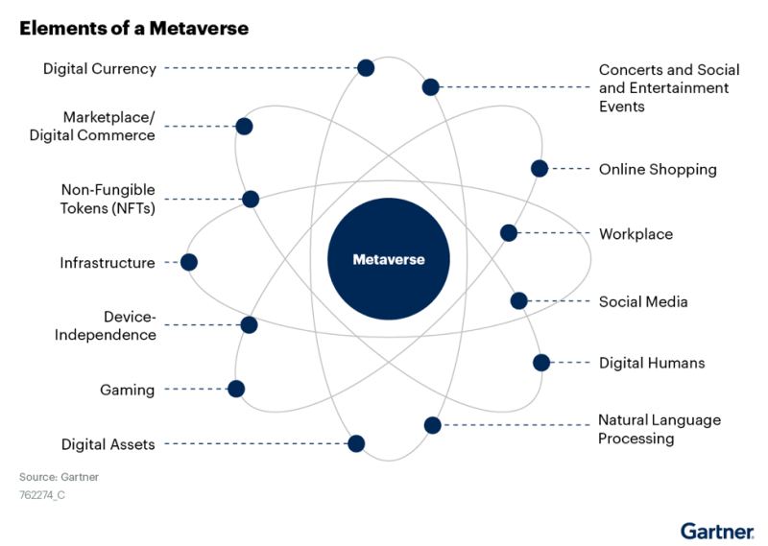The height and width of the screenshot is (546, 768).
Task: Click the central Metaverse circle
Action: pyautogui.click(x=389, y=259)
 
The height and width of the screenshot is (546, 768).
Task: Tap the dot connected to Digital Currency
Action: pyautogui.click(x=366, y=68)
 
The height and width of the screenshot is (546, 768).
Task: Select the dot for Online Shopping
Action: pyautogui.click(x=540, y=169)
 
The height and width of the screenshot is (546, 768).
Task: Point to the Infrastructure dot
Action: pyautogui.click(x=189, y=263)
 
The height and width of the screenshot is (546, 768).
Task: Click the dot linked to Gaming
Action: pyautogui.click(x=236, y=390)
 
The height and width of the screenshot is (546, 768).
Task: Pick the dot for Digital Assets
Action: pyautogui.click(x=356, y=443)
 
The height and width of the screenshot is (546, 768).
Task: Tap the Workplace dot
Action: pyautogui.click(x=509, y=233)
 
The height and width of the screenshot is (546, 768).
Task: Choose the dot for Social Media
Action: pyautogui.click(x=518, y=300)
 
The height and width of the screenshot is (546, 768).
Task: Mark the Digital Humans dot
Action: pyautogui.click(x=541, y=363)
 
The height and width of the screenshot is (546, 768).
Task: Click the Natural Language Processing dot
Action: pyautogui.click(x=433, y=425)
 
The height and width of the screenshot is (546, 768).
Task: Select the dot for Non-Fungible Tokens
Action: pyautogui.click(x=251, y=200)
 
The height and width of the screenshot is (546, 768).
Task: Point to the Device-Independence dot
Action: pyautogui.click(x=249, y=324)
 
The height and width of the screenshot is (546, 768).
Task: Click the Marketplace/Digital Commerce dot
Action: pyautogui.click(x=244, y=127)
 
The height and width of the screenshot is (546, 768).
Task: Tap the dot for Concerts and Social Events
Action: pyautogui.click(x=430, y=87)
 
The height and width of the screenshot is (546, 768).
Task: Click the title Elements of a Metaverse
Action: pyautogui.click(x=134, y=29)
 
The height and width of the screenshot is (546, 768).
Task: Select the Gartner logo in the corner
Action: pyautogui.click(x=717, y=532)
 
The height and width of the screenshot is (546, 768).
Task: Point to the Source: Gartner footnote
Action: pyautogui.click(x=59, y=477)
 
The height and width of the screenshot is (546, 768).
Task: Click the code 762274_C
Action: pyautogui.click(x=42, y=495)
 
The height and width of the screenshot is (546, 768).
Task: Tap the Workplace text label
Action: pyautogui.click(x=636, y=234)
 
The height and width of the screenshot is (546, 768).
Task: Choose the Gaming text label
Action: pyautogui.click(x=128, y=390)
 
